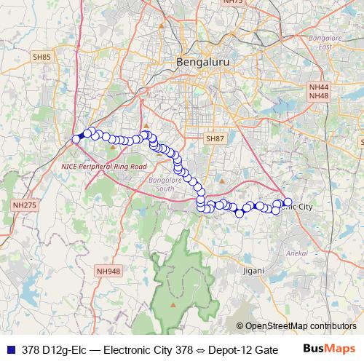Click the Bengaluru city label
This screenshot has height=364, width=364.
(x=203, y=63)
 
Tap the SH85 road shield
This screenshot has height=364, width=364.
(x=41, y=56)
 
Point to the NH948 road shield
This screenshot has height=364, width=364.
(x=107, y=272)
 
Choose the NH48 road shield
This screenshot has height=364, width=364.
(x=319, y=96)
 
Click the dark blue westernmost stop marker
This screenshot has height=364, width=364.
(x=76, y=139)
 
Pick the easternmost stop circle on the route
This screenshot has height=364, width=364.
(x=288, y=202)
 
